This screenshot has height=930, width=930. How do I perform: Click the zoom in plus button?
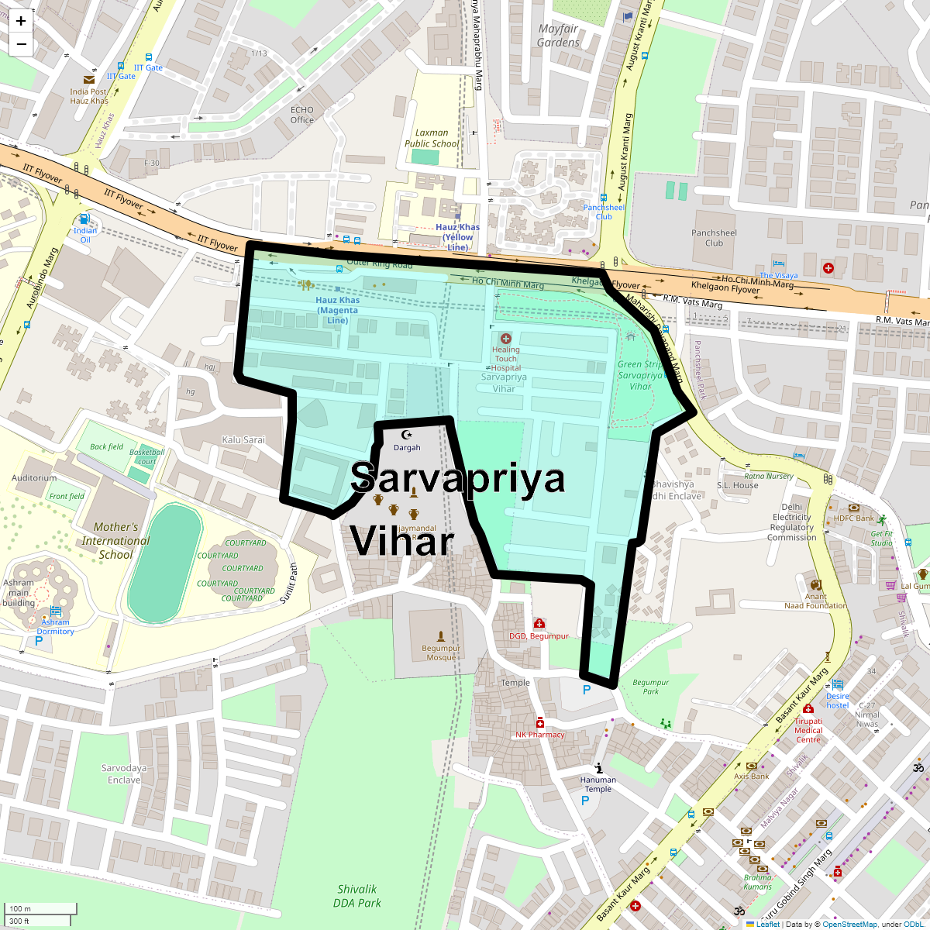click(21, 22)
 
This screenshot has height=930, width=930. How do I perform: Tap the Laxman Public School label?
click(432, 138)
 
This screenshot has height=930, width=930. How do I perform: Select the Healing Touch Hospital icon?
click(506, 339)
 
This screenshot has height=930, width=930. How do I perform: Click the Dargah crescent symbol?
click(406, 435)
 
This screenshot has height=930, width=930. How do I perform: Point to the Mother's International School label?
click(115, 541)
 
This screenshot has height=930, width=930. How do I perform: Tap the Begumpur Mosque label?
click(441, 653)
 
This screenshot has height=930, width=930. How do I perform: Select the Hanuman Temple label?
click(598, 784)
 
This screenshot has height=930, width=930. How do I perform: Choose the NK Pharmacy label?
click(540, 735)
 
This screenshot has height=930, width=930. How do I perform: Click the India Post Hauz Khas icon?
click(89, 79)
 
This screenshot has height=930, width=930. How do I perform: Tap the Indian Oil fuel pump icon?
click(84, 219)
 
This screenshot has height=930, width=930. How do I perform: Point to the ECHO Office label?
click(302, 115)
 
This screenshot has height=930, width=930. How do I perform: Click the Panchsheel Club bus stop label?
click(604, 212)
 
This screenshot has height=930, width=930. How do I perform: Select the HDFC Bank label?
click(854, 518)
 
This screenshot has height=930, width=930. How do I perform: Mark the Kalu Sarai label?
click(243, 439)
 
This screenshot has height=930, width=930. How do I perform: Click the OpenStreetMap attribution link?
click(849, 924)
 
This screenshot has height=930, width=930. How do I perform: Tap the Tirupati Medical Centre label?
click(808, 730)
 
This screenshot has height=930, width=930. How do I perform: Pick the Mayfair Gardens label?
click(558, 36)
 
